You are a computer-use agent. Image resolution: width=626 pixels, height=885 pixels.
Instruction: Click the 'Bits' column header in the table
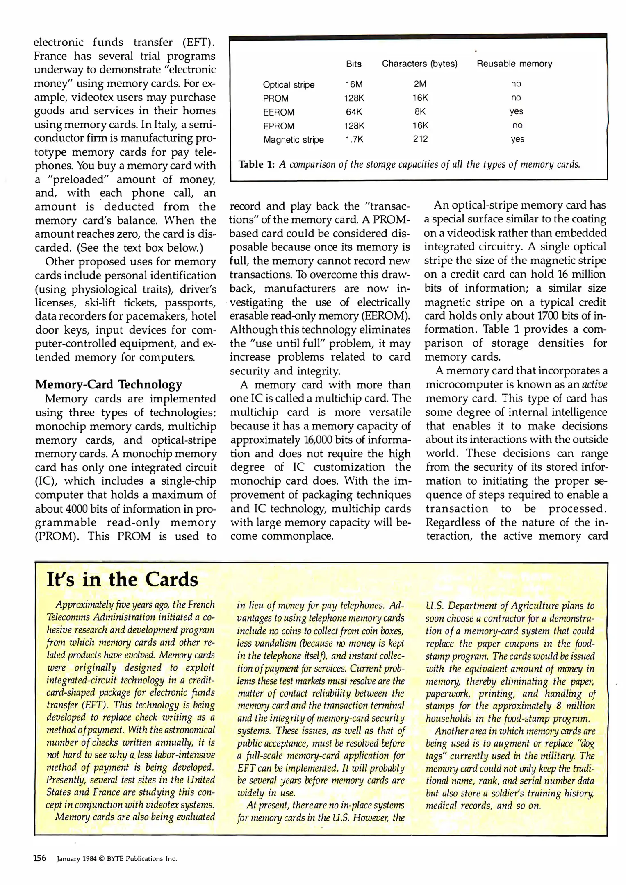pyautogui.click(x=353, y=64)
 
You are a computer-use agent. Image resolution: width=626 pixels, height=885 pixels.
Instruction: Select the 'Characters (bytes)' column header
pyautogui.click(x=419, y=64)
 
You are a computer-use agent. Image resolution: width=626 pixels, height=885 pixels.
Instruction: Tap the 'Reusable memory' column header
pyautogui.click(x=514, y=64)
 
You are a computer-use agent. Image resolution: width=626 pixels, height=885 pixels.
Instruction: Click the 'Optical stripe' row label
pyautogui.click(x=289, y=85)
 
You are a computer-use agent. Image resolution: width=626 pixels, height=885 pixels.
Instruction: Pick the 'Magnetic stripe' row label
pyautogui.click(x=293, y=140)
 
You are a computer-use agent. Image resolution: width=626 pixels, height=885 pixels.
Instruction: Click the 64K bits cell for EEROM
pyautogui.click(x=354, y=112)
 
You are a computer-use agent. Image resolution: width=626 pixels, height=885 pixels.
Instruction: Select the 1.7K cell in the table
pyautogui.click(x=354, y=139)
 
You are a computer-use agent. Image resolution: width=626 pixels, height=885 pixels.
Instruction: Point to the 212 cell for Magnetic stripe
pyautogui.click(x=420, y=139)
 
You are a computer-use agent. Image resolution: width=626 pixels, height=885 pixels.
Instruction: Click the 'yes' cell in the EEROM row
pyautogui.click(x=516, y=111)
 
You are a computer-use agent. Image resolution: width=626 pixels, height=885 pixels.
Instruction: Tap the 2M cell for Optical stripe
pyautogui.click(x=420, y=84)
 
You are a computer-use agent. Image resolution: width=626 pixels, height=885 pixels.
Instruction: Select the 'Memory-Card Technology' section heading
pyautogui.click(x=109, y=384)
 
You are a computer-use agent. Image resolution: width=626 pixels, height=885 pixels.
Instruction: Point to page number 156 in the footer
pyautogui.click(x=40, y=858)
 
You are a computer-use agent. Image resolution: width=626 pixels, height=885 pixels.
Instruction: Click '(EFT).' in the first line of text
pyautogui.click(x=198, y=43)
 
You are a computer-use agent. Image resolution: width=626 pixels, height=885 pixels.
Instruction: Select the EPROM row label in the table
pyautogui.click(x=278, y=126)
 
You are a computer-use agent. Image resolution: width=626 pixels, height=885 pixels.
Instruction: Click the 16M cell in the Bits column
pyautogui.click(x=354, y=84)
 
